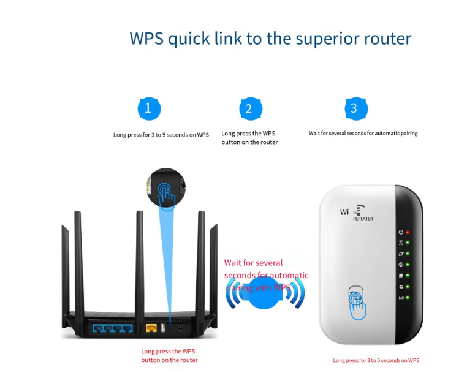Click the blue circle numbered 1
click(x=149, y=109)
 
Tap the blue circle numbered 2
click(x=249, y=109)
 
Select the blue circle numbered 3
click(x=354, y=109)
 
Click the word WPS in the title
click(x=146, y=38)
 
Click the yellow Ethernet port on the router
click(x=151, y=328)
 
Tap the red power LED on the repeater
click(x=407, y=233)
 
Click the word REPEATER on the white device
click(x=363, y=218)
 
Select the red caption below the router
click(x=169, y=355)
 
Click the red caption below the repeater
click(x=376, y=360)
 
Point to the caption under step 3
click(x=363, y=133)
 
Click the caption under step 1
click(x=161, y=134)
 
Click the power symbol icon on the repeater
click(x=400, y=233)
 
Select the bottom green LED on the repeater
click(x=407, y=298)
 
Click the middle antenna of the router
click(x=140, y=263)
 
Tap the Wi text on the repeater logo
click(x=344, y=212)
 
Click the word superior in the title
click(x=323, y=38)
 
